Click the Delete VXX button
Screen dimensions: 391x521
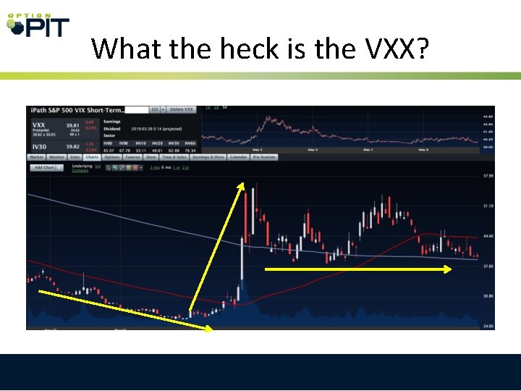tap(181, 109)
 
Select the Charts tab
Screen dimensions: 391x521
tap(92, 156)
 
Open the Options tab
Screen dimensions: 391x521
tap(112, 156)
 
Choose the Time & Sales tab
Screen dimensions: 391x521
tap(174, 156)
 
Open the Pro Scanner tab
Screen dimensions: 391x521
tap(263, 156)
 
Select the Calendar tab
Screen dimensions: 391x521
tap(239, 156)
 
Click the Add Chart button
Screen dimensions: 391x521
tap(45, 167)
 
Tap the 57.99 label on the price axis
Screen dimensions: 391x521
tap(488, 176)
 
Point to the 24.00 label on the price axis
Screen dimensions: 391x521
tap(488, 326)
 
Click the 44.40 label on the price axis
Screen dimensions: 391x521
tap(488, 236)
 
